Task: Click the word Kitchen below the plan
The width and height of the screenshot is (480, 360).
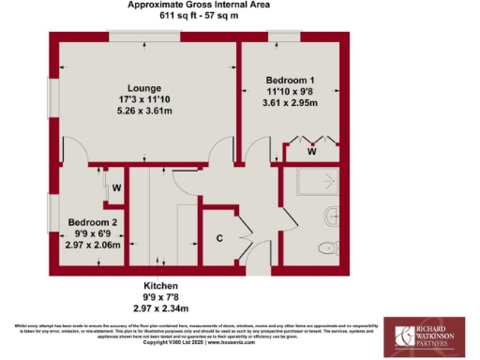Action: click(160, 285)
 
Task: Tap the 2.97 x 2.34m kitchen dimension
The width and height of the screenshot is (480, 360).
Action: click(160, 307)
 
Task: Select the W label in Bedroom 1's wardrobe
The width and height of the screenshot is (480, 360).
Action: click(310, 150)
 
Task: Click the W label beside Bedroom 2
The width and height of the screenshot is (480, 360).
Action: click(117, 187)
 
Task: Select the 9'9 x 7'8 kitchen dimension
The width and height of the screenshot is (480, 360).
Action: click(160, 296)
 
